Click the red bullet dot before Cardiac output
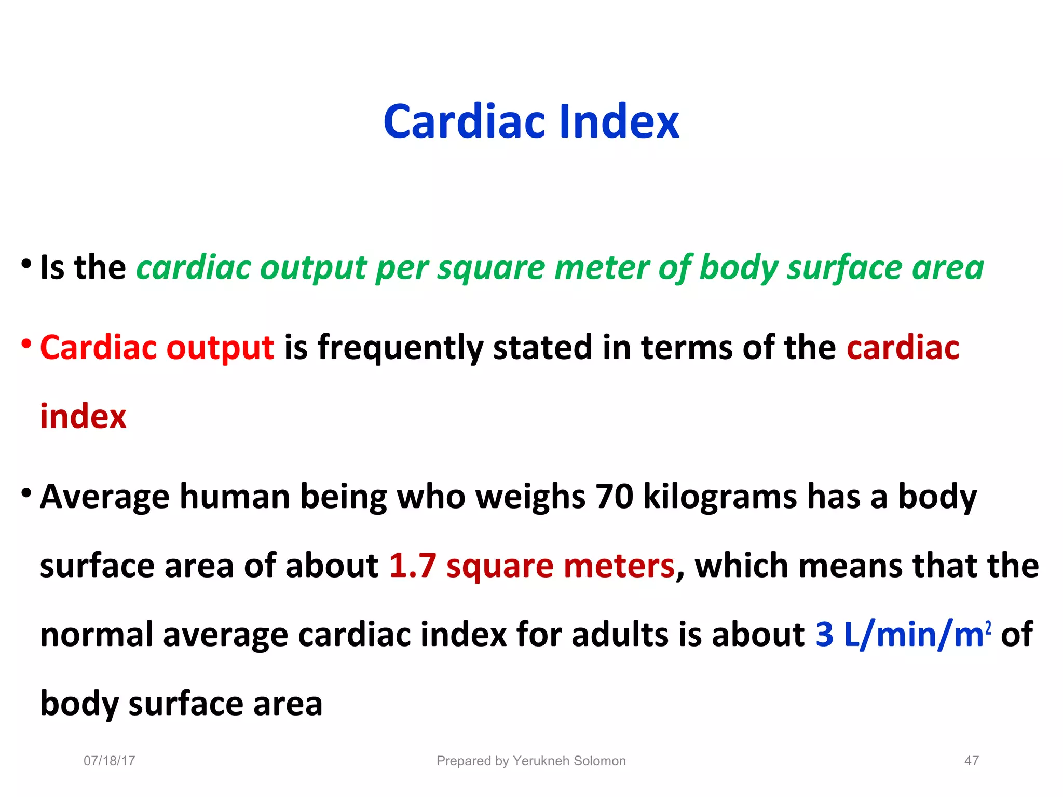click(x=26, y=343)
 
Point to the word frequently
click(x=400, y=348)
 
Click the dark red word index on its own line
click(x=83, y=416)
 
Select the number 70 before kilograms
click(x=614, y=496)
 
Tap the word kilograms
click(x=720, y=497)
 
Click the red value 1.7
click(x=413, y=565)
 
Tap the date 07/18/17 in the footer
click(x=109, y=761)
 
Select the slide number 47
click(x=971, y=761)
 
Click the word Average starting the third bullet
click(x=104, y=496)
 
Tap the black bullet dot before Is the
click(x=26, y=264)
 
